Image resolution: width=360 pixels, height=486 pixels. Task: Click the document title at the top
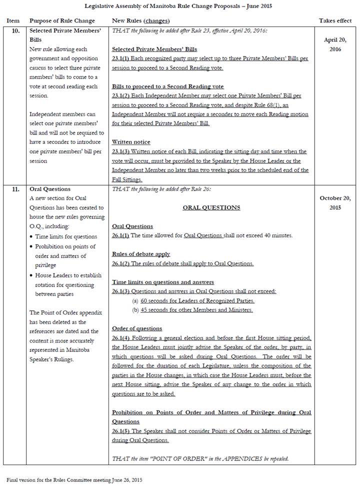point(179,6)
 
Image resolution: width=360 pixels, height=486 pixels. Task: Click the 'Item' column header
point(12,20)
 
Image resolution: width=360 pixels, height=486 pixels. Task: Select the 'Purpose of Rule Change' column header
point(62,20)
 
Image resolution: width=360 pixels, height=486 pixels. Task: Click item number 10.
point(16,30)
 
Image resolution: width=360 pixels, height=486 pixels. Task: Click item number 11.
point(16,189)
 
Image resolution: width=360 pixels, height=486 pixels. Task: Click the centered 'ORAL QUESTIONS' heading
point(211,207)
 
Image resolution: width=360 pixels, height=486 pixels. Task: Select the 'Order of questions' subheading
point(137,328)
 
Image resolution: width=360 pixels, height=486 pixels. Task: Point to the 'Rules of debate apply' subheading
point(141,254)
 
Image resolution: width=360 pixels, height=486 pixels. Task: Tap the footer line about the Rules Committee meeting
point(74,479)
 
